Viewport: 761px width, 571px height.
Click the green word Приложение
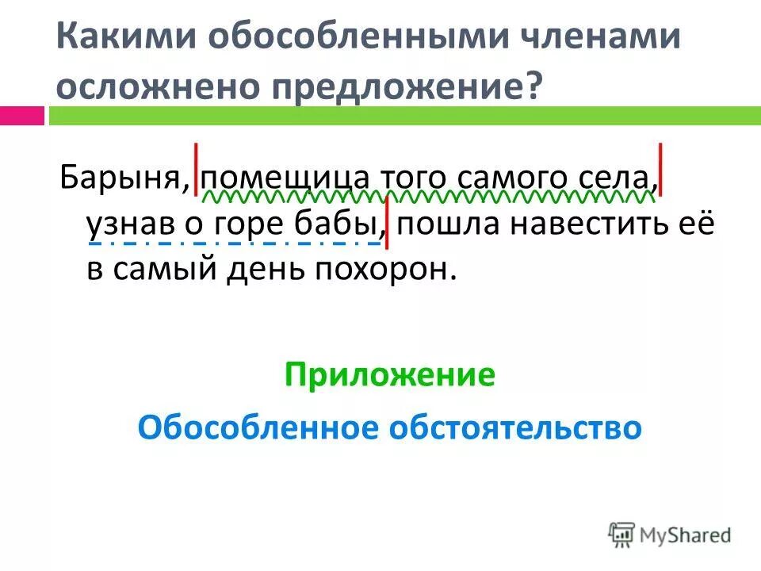389,375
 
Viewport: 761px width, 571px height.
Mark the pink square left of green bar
21,115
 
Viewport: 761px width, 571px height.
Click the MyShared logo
670,534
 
